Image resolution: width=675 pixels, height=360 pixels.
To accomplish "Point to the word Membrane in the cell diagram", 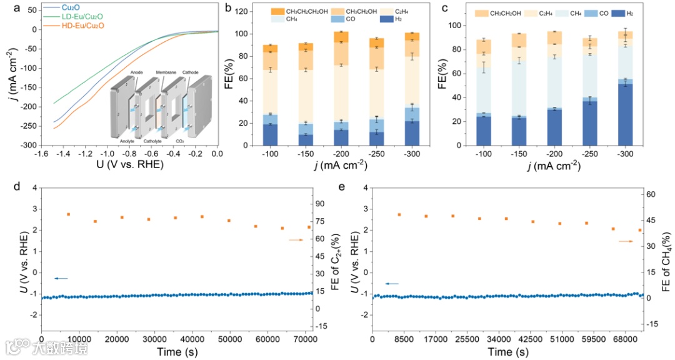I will [166, 72].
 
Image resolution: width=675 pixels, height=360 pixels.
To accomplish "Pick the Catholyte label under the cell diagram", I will [152, 142].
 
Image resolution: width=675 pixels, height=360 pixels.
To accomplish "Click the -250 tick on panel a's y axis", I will [26, 126].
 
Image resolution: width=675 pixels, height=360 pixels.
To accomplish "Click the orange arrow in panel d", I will [296, 240].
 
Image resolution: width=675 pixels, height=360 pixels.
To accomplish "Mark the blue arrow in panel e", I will [392, 284].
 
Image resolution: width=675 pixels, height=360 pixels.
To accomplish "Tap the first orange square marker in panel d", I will [68, 214].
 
